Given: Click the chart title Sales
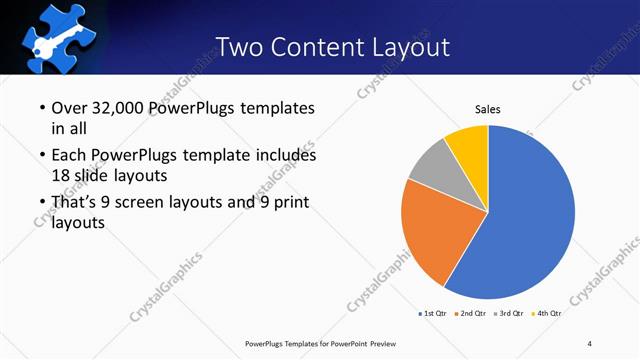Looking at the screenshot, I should (487, 109).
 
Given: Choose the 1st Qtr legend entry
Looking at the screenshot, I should (432, 314).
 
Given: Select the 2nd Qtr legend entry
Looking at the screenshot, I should (472, 314).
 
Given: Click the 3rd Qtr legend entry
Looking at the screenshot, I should (511, 314).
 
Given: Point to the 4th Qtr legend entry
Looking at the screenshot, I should (548, 314).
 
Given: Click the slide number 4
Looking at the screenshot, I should (590, 343).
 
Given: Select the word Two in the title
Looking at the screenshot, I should (243, 46).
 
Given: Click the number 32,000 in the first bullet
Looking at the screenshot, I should (118, 108).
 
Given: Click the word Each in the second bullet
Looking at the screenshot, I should (68, 156).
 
